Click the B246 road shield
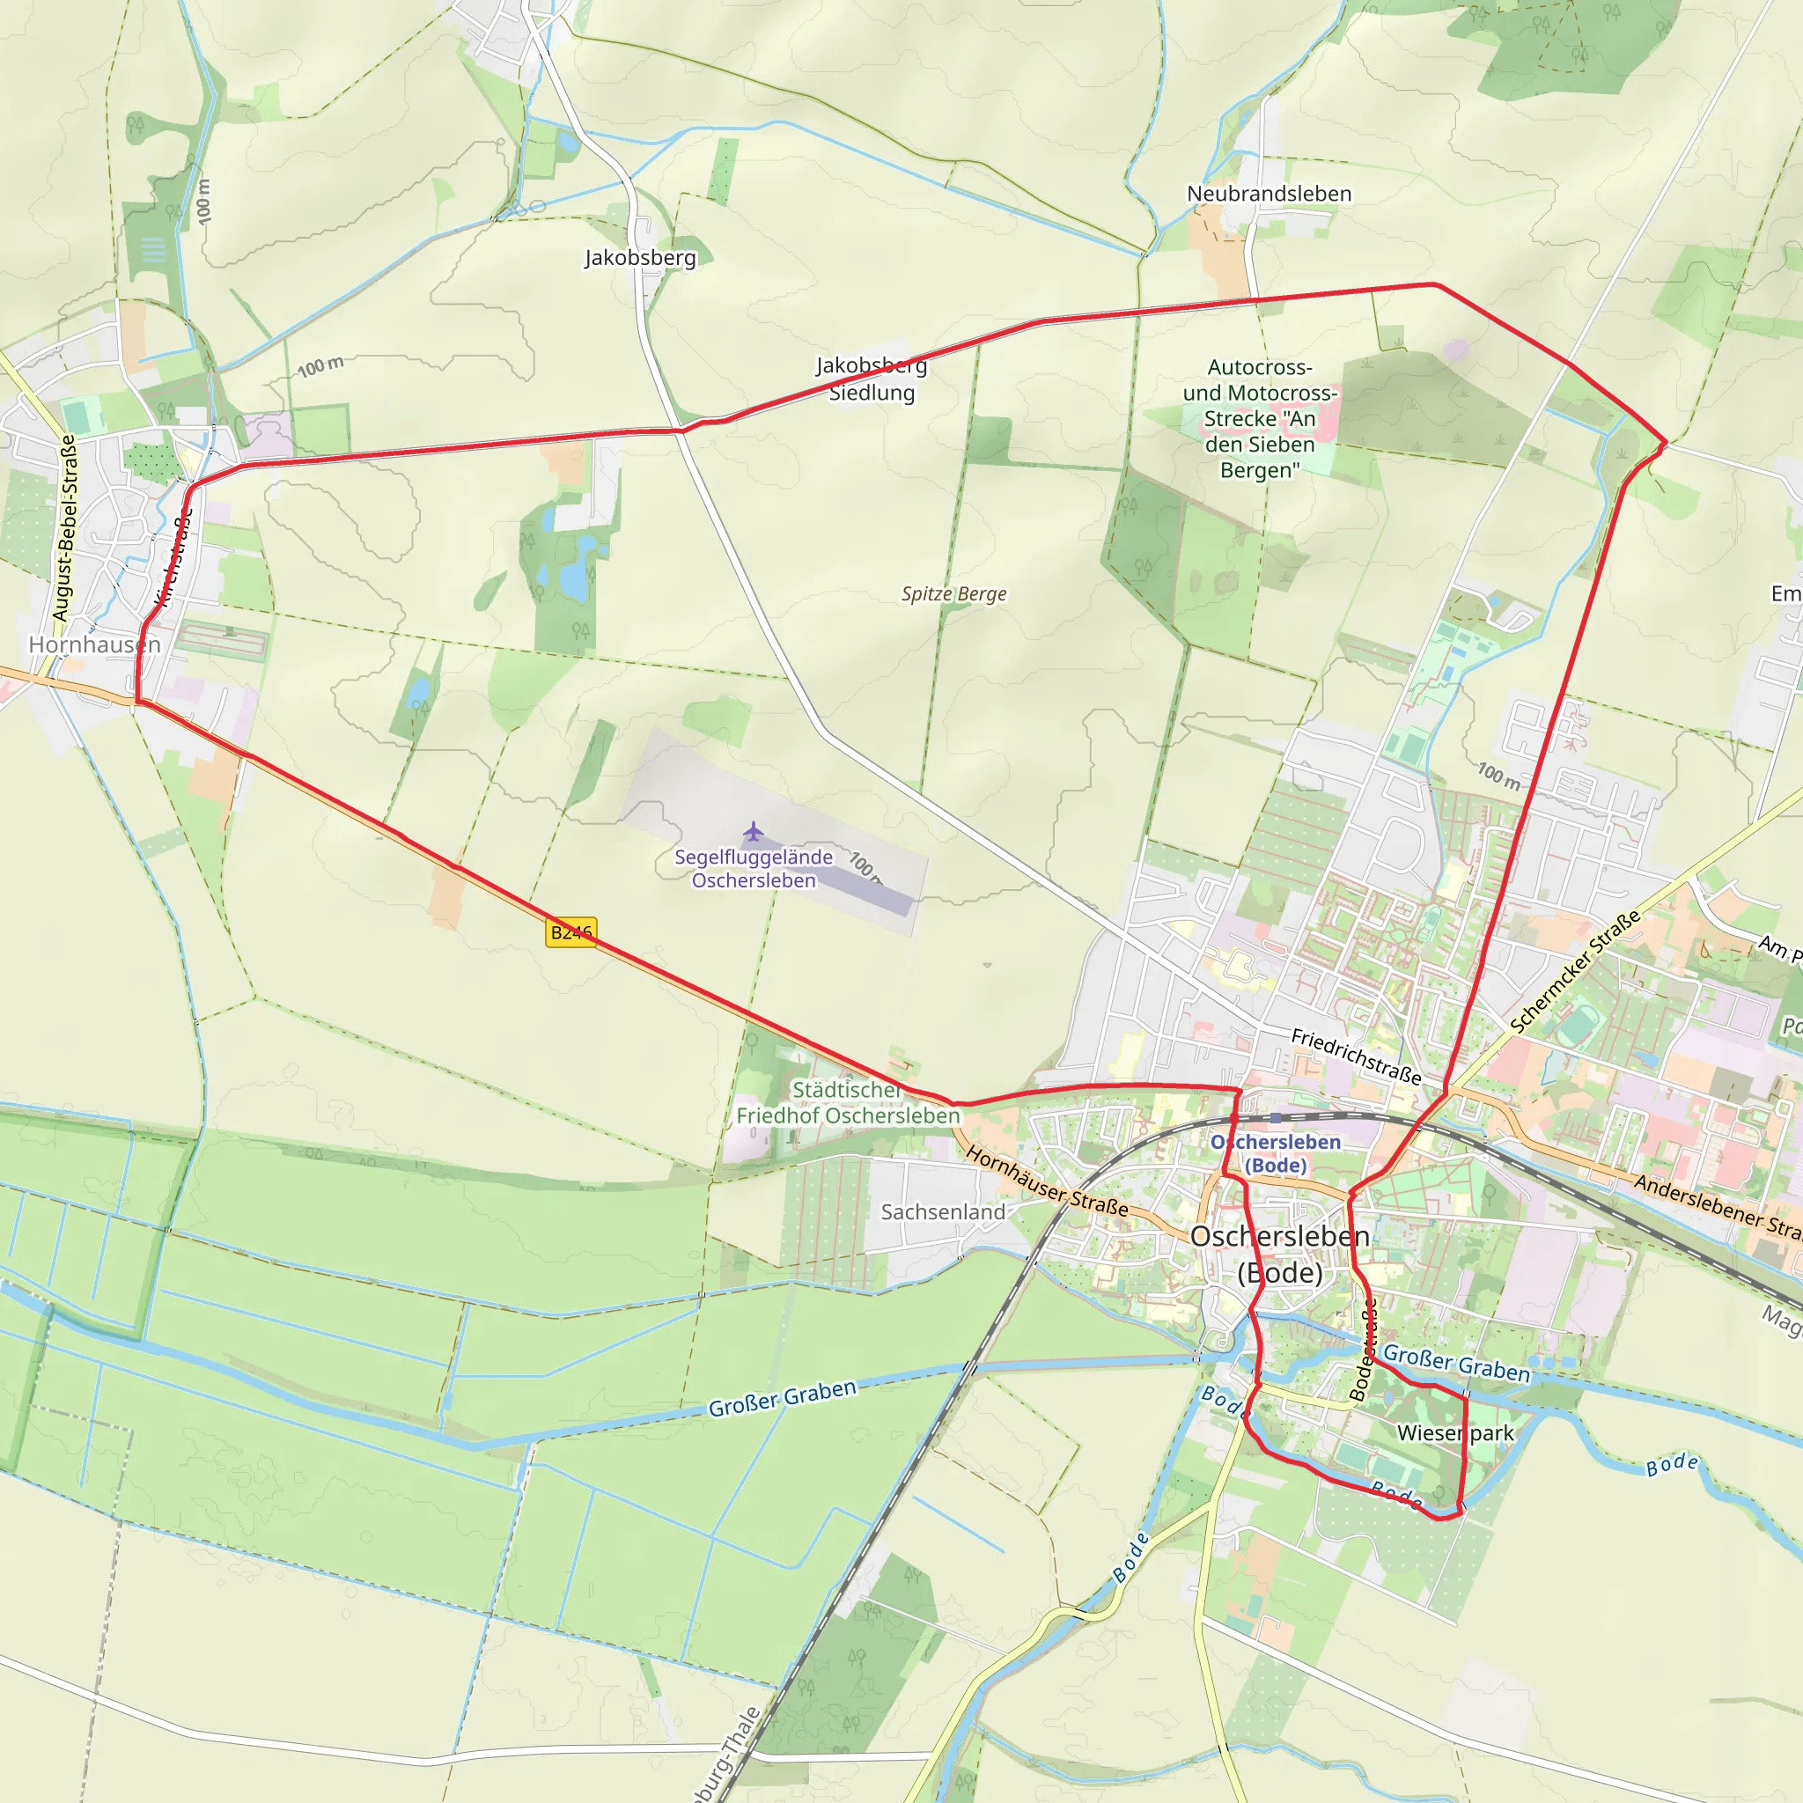[570, 931]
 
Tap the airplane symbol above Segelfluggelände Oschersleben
[753, 830]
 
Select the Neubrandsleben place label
[1269, 193]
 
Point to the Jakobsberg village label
[640, 257]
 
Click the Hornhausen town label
[94, 644]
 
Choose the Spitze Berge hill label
[953, 593]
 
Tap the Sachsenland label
[943, 1211]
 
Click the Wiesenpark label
[1455, 1432]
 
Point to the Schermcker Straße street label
[1574, 973]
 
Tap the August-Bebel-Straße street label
[64, 528]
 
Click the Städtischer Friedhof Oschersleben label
[848, 1102]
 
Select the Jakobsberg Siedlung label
[872, 378]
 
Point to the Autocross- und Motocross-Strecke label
[1260, 418]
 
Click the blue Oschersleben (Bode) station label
[1275, 1153]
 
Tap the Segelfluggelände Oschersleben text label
[753, 868]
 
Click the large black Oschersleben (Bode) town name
[1279, 1254]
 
